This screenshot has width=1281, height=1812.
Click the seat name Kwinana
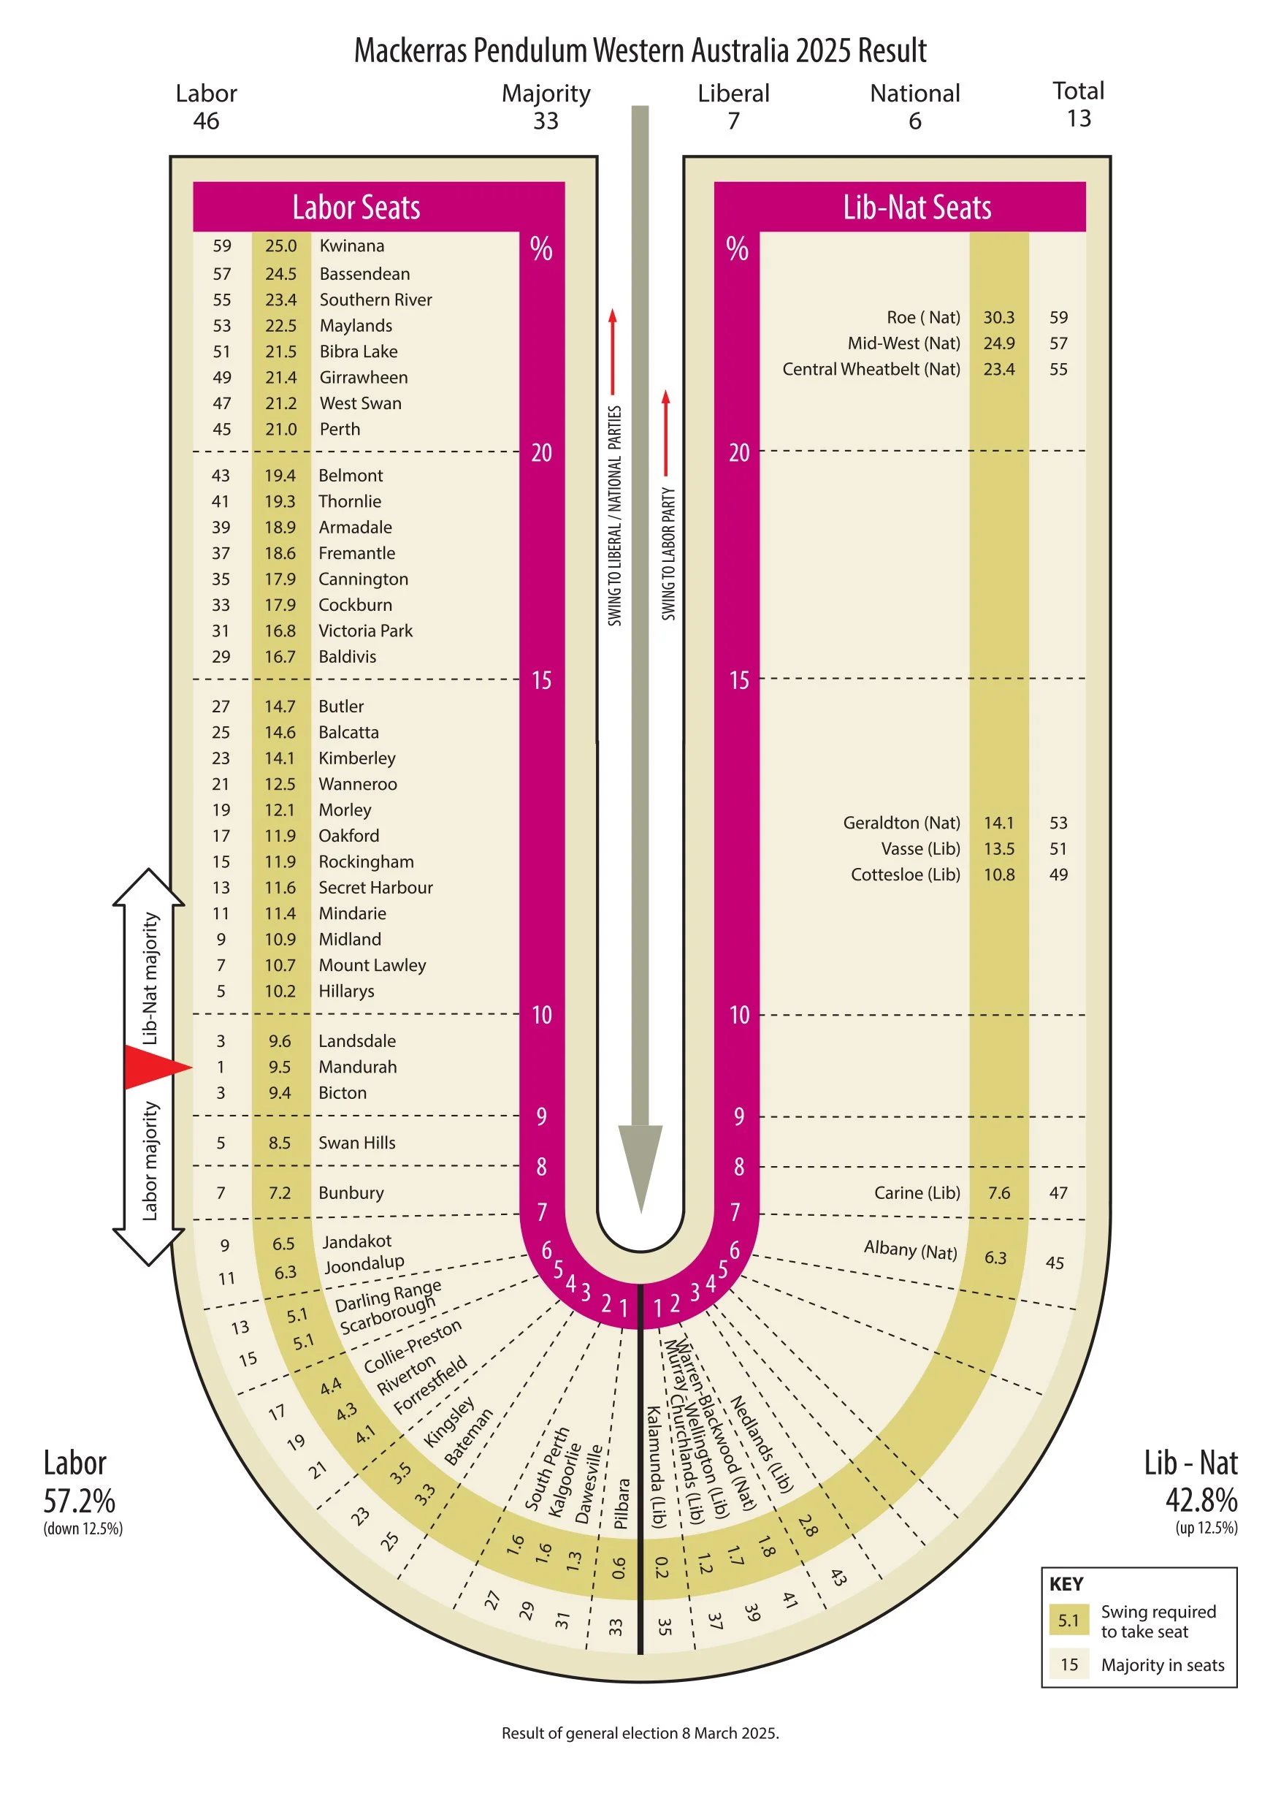click(352, 246)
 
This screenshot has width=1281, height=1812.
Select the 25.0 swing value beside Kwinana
click(280, 246)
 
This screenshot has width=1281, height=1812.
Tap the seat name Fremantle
click(356, 553)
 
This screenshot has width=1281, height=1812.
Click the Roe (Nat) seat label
click(923, 317)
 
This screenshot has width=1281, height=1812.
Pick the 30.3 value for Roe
click(998, 317)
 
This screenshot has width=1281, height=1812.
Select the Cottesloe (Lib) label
click(905, 875)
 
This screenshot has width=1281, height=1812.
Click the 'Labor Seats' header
click(356, 208)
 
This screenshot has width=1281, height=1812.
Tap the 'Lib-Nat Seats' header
click(917, 208)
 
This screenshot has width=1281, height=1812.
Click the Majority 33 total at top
click(546, 107)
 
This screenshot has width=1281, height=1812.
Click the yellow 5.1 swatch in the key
click(1068, 1621)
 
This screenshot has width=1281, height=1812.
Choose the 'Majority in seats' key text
click(1163, 1664)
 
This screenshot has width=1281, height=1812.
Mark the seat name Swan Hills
click(356, 1143)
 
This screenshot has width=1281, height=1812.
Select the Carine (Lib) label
click(917, 1192)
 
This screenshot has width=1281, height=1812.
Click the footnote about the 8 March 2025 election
click(640, 1733)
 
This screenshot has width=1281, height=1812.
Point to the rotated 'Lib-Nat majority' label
click(150, 978)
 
